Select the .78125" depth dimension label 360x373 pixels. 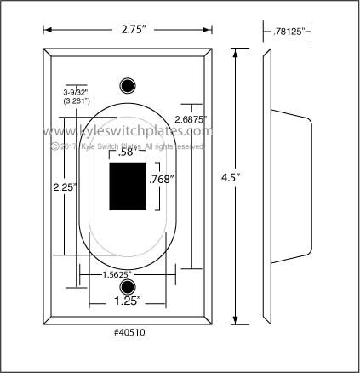click(287, 32)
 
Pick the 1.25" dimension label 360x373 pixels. click(129, 301)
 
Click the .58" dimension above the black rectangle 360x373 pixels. click(127, 154)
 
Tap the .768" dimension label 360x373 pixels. click(161, 180)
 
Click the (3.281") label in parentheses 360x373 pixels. click(76, 100)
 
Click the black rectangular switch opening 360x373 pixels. click(128, 186)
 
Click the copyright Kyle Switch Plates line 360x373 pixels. click(128, 146)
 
